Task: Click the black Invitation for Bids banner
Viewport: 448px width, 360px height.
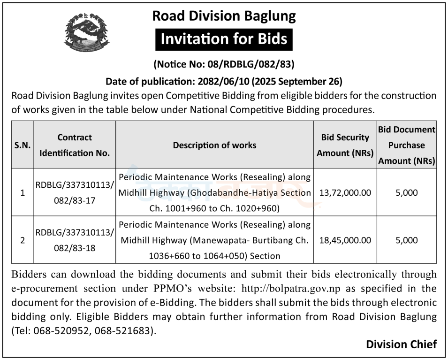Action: (224, 39)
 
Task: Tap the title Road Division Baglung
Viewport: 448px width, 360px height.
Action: (224, 16)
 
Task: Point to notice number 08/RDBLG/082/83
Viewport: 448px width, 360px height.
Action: (224, 63)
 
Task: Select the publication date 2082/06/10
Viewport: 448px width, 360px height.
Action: (220, 81)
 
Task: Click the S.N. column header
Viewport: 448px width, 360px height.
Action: (23, 145)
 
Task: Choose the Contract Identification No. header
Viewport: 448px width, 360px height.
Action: (75, 145)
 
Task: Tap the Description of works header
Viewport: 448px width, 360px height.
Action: (214, 145)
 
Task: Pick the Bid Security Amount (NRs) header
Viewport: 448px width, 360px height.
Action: (345, 145)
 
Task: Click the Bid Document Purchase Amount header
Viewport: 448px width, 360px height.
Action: (406, 145)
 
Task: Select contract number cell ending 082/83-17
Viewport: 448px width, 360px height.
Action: (75, 192)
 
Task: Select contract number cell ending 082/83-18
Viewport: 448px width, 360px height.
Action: (75, 240)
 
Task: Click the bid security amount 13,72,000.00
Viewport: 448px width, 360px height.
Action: (345, 192)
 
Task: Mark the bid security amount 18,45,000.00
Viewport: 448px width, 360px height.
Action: (345, 240)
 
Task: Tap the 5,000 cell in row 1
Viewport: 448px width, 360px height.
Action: (406, 192)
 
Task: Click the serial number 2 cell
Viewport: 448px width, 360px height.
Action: (23, 240)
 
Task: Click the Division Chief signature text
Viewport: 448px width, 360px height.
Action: (401, 345)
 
